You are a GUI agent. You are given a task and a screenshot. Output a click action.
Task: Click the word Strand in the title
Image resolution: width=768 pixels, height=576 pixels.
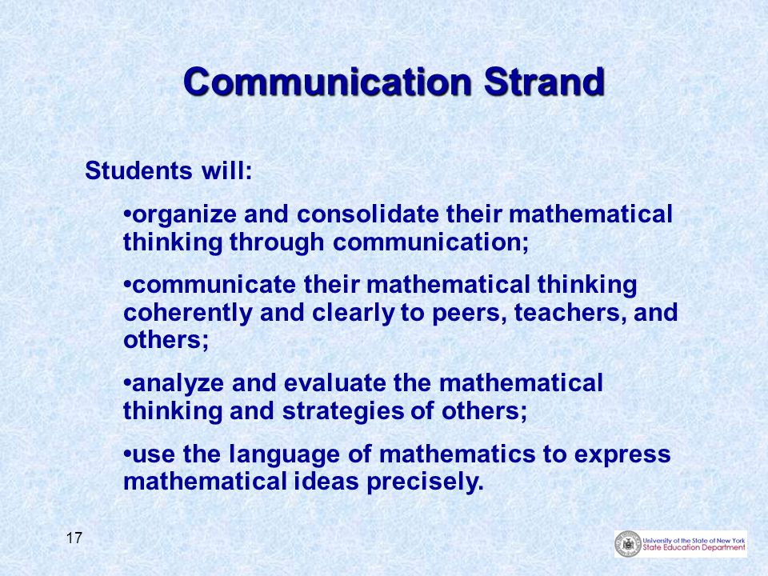pyautogui.click(x=544, y=82)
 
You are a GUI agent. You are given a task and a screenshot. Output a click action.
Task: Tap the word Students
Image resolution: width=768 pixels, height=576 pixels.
pyautogui.click(x=138, y=171)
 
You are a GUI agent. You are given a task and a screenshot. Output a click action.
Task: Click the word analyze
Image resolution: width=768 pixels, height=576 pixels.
pyautogui.click(x=178, y=384)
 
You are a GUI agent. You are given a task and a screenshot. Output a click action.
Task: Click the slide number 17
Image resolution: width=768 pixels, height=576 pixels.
pyautogui.click(x=74, y=538)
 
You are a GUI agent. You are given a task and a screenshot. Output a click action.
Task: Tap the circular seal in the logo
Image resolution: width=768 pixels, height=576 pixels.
pyautogui.click(x=628, y=544)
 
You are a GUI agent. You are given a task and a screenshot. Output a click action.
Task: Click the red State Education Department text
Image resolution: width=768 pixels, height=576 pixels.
pyautogui.click(x=694, y=547)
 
